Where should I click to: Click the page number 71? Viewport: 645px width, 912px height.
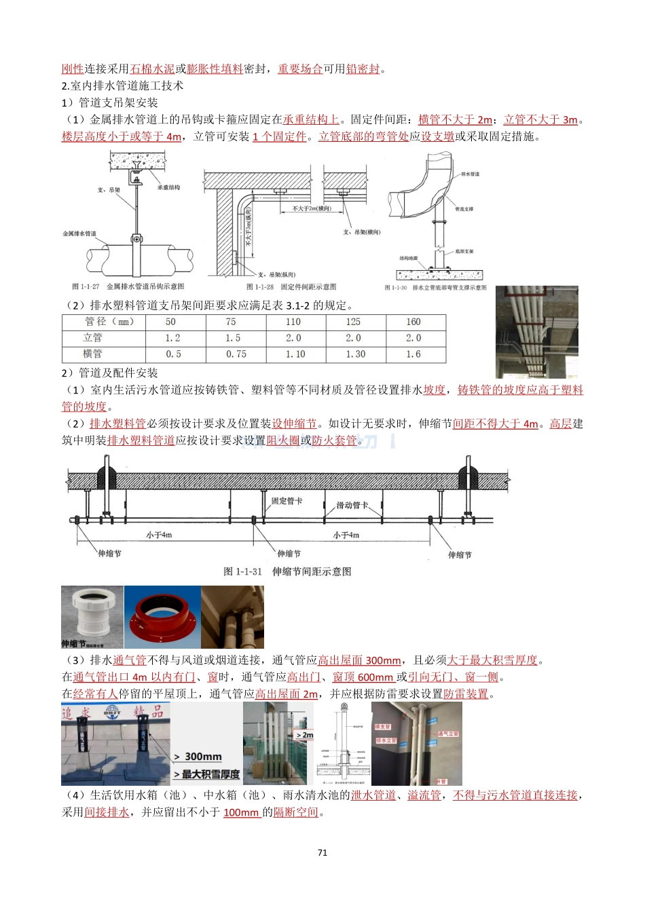point(322,852)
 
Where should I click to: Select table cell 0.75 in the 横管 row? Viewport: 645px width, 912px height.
point(236,354)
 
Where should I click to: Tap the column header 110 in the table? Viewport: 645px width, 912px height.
point(293,322)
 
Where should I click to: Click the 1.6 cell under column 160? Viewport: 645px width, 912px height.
point(413,354)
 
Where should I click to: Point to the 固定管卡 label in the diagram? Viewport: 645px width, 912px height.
point(287,501)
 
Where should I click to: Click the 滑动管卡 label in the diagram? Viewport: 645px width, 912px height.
point(352,505)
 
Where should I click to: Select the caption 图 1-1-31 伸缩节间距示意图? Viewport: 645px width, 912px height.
point(287,571)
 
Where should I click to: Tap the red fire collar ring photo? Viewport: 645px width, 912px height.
point(162,617)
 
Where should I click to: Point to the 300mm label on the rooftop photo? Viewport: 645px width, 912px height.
point(202,757)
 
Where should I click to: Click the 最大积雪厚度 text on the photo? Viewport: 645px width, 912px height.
point(210,774)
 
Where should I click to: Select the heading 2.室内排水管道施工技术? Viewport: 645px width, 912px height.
point(122,85)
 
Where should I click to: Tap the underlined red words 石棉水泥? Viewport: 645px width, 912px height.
point(151,69)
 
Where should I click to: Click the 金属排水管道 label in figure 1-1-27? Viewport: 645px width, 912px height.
point(79,233)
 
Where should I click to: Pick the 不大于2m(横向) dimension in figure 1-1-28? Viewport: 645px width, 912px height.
point(312,208)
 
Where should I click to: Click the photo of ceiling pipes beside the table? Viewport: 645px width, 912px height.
point(536,332)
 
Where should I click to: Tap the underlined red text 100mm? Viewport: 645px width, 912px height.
point(241,812)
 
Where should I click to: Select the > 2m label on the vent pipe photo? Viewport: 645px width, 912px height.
point(304,735)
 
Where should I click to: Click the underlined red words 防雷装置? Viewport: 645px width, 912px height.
point(465,693)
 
